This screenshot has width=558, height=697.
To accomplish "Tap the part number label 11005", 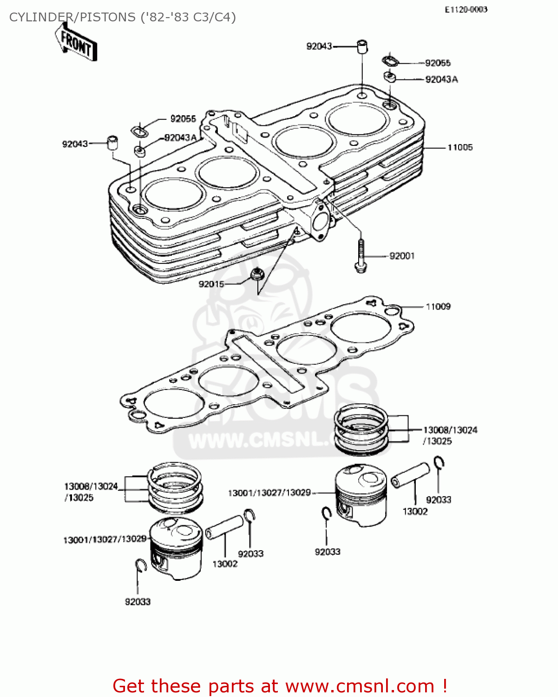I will (x=460, y=147).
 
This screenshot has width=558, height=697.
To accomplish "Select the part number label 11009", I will (x=438, y=307).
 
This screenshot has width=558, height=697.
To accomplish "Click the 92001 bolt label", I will (x=402, y=256).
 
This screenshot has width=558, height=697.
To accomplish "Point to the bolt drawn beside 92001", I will (x=361, y=256).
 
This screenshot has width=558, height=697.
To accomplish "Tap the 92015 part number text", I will (x=211, y=284).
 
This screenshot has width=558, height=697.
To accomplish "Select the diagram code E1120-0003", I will (x=466, y=9).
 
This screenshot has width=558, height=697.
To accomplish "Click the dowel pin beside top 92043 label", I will (x=362, y=46).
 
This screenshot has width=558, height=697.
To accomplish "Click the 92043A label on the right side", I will (x=441, y=79).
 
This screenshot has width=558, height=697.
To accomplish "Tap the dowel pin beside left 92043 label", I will (x=112, y=142).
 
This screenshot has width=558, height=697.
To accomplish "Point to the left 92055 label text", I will (x=183, y=119).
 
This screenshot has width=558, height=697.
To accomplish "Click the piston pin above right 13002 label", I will (x=411, y=474).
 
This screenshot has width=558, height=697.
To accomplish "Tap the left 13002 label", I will (x=225, y=564).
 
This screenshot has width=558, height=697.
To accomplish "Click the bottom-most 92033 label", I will (x=138, y=602).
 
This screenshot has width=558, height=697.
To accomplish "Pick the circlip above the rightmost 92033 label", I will (x=440, y=463).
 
